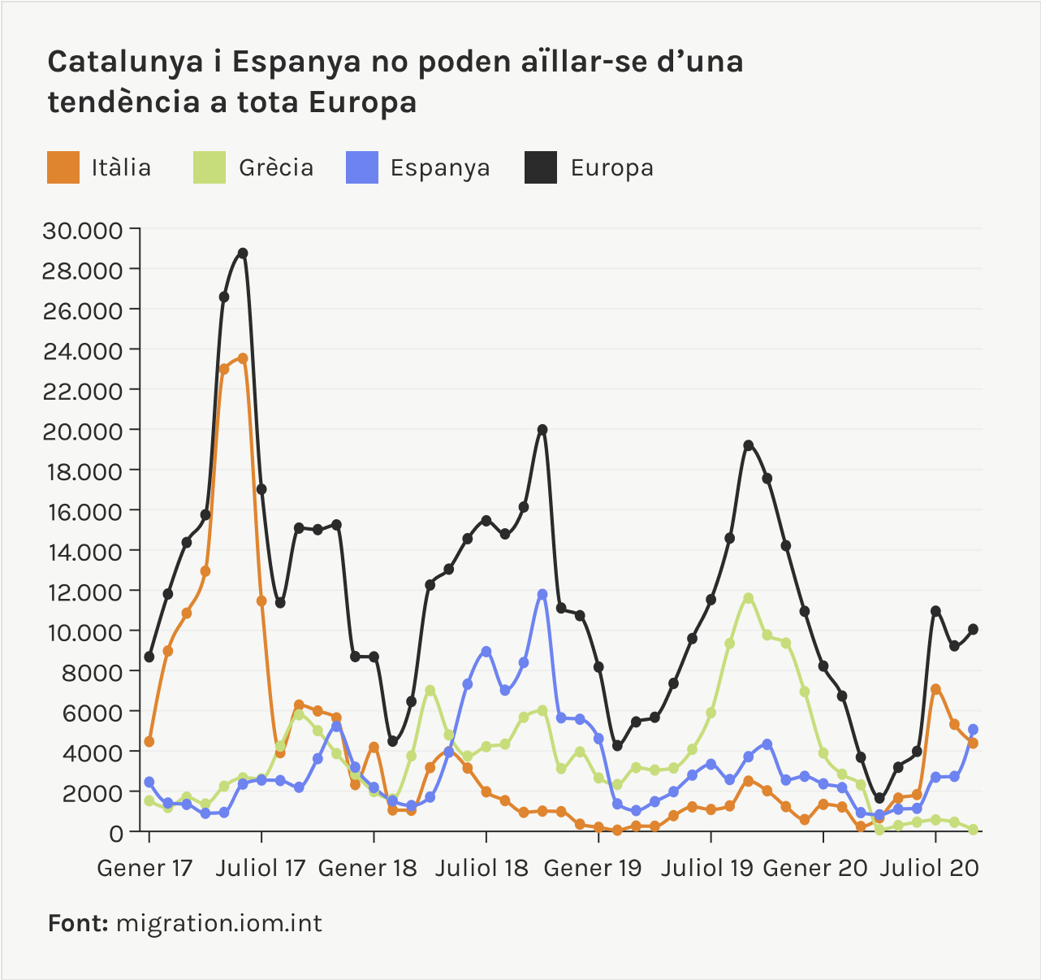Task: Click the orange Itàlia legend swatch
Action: tap(63, 167)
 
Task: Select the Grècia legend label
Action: tap(276, 167)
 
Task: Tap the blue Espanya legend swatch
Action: tap(362, 167)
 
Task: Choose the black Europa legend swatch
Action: tap(541, 167)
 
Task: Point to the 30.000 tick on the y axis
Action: tap(82, 230)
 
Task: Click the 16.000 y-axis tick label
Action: tap(82, 511)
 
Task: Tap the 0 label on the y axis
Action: tap(115, 832)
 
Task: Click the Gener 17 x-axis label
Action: tap(145, 868)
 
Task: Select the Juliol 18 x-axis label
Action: tap(482, 868)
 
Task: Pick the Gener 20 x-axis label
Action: tap(816, 868)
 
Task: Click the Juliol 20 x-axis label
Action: tap(930, 868)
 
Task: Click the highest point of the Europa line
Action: tap(243, 254)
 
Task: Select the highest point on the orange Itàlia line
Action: tap(243, 358)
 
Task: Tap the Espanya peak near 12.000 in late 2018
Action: tap(542, 595)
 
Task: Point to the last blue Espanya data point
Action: tap(973, 730)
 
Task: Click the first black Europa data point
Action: tap(149, 657)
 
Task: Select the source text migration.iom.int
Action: tap(218, 923)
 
